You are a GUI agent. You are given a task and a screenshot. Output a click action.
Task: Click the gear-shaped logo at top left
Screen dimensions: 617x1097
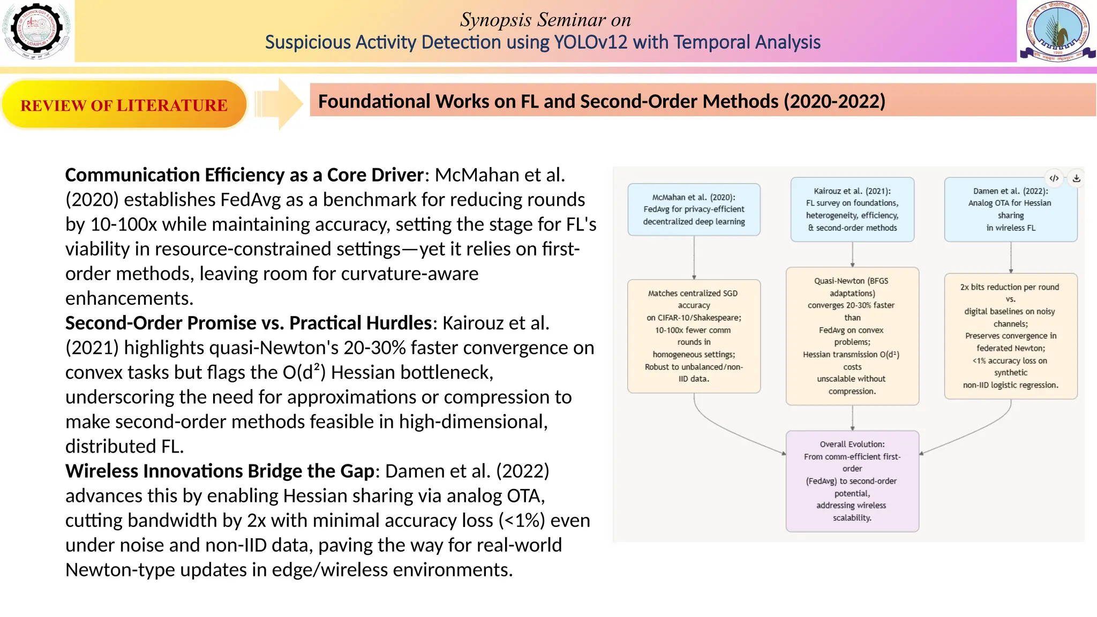(36, 30)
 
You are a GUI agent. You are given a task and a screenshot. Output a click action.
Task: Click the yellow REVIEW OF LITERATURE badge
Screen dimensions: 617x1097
(124, 105)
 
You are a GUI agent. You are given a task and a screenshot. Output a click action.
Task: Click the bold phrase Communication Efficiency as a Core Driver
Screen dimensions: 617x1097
(244, 175)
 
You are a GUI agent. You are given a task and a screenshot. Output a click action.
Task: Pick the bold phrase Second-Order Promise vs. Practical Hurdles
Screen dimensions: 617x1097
(248, 323)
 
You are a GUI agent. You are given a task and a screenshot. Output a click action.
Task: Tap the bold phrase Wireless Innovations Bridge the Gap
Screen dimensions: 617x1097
(220, 471)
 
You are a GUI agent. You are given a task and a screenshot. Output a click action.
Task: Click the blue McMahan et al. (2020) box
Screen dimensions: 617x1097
(694, 209)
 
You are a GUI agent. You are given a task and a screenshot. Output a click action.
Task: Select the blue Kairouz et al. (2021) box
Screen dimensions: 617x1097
(852, 209)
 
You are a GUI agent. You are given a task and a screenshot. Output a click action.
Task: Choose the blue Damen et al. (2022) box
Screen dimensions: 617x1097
(1010, 209)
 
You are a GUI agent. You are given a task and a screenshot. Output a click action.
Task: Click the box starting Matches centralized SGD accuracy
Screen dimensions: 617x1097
(694, 336)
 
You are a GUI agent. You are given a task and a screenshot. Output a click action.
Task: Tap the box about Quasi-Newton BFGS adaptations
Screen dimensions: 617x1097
(852, 336)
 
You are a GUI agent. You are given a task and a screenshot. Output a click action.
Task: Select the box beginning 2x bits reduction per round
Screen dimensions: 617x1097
(1010, 336)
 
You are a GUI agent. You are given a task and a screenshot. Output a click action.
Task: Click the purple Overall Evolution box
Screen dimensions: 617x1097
(852, 481)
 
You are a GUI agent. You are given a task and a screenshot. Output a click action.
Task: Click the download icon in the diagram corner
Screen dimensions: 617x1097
(1076, 178)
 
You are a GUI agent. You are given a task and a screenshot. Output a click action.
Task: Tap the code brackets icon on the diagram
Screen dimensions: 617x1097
(1054, 178)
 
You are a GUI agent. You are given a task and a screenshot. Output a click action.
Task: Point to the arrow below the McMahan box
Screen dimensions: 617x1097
(694, 258)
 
